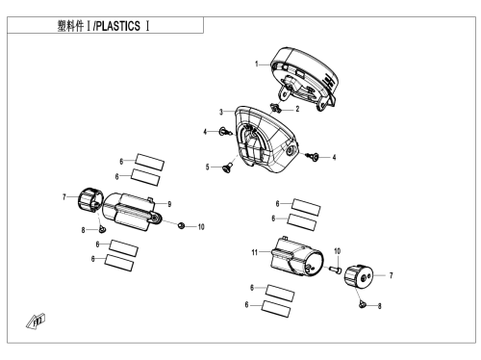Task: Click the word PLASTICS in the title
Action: pyautogui.click(x=118, y=26)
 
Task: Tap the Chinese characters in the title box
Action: pyautogui.click(x=70, y=26)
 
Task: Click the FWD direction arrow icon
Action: pyautogui.click(x=36, y=321)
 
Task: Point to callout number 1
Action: pyautogui.click(x=257, y=64)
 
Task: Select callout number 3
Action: pyautogui.click(x=221, y=112)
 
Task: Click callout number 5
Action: pyautogui.click(x=207, y=167)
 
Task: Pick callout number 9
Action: pyautogui.click(x=169, y=204)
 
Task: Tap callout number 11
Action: pyautogui.click(x=255, y=252)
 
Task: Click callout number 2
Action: pyautogui.click(x=297, y=109)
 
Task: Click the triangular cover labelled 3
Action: pyautogui.click(x=266, y=139)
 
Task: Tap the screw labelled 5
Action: pyautogui.click(x=228, y=167)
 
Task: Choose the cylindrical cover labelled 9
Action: pyautogui.click(x=130, y=211)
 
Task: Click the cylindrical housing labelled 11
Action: pyautogui.click(x=296, y=257)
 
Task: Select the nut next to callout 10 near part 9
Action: pyautogui.click(x=181, y=225)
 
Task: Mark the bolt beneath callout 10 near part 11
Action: pyautogui.click(x=336, y=270)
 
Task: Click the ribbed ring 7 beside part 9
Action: pyautogui.click(x=90, y=199)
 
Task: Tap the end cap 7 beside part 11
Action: pyautogui.click(x=359, y=276)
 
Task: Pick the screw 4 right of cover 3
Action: pyautogui.click(x=313, y=156)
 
